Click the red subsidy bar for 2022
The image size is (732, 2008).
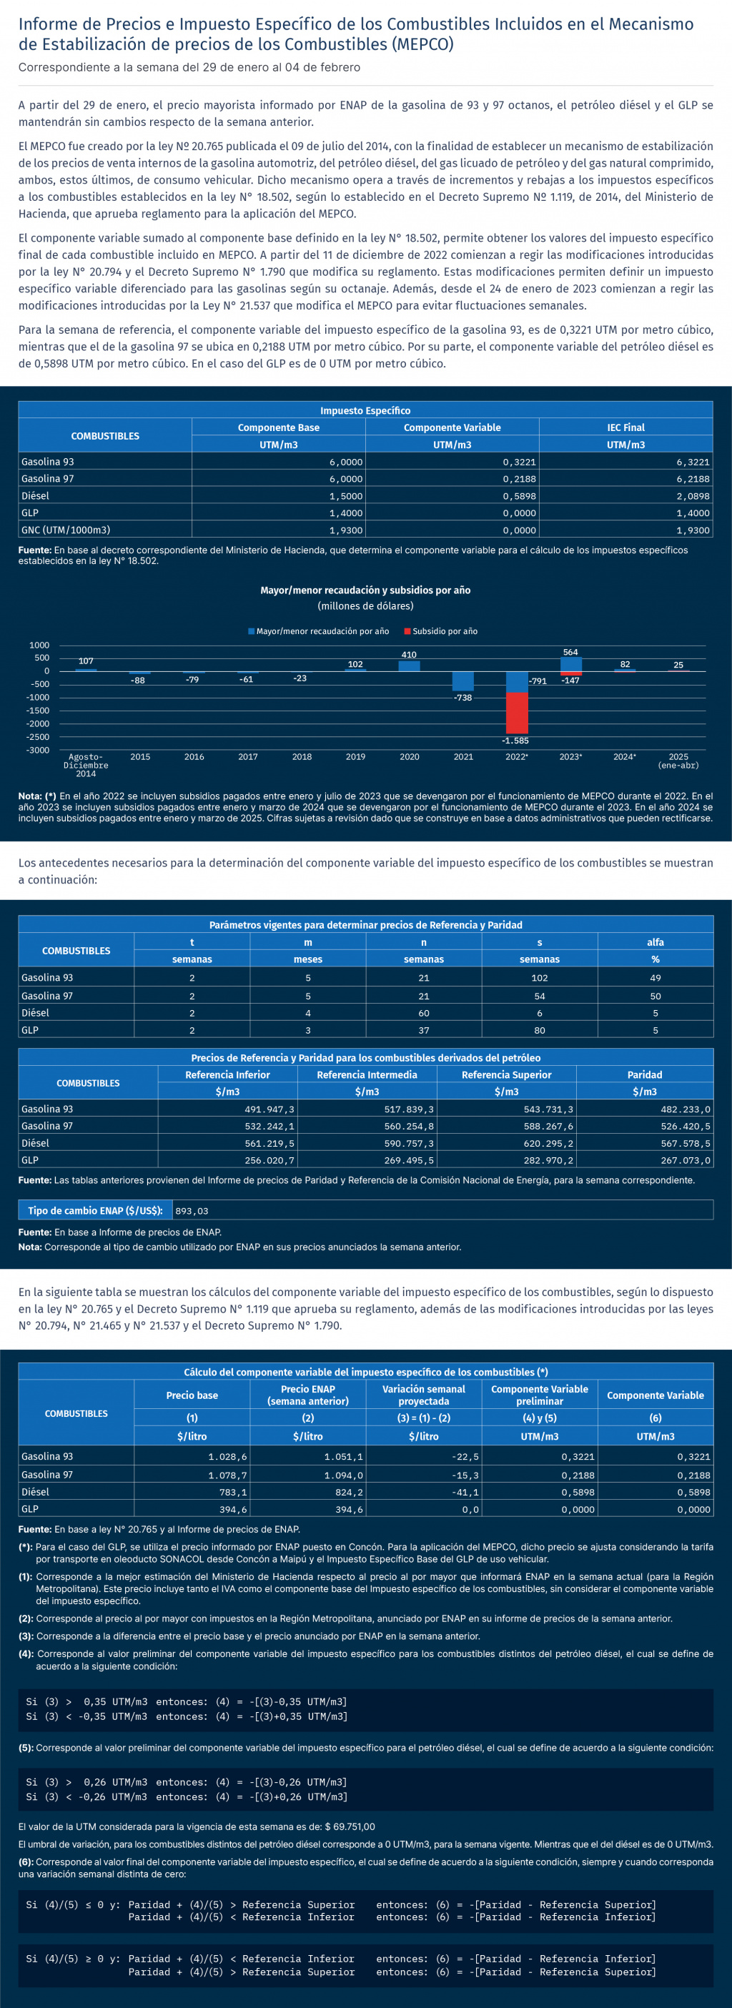point(516,713)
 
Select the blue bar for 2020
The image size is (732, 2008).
point(410,666)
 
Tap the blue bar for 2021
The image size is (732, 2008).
point(463,681)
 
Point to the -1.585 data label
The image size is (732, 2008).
point(515,741)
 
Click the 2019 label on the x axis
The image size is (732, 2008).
point(355,757)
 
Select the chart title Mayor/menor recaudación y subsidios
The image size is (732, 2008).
point(365,590)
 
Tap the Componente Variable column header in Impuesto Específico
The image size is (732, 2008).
point(452,427)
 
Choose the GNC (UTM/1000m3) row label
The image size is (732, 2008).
point(66,530)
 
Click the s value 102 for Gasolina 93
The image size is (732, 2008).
point(540,977)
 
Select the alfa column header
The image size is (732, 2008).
point(655,942)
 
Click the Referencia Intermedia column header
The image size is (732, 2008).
point(367,1075)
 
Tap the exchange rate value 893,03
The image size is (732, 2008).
point(192,1210)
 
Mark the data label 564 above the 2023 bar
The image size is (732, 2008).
point(570,653)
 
